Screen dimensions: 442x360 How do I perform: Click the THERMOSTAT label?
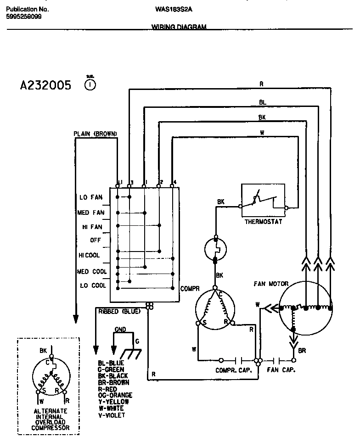[x=264, y=222]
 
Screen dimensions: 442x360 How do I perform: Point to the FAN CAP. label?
[x=281, y=370]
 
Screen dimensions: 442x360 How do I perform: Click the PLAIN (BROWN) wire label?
[x=96, y=134]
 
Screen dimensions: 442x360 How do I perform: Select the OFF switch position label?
[x=95, y=240]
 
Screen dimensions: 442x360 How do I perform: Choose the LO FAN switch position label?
[x=90, y=198]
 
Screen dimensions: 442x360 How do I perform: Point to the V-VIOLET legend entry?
[x=111, y=415]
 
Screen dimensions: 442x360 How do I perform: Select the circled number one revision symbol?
[x=90, y=84]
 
